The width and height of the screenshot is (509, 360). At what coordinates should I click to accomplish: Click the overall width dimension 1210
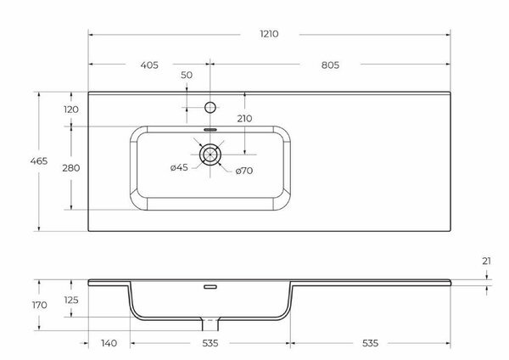tap(270, 34)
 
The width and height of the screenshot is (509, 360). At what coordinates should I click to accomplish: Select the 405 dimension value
tap(150, 64)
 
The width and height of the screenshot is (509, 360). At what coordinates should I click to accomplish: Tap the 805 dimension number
tap(332, 64)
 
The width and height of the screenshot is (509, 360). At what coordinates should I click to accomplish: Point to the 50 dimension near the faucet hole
tap(187, 76)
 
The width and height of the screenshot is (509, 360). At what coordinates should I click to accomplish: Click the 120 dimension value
tap(70, 110)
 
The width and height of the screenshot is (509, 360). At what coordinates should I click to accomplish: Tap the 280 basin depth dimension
tap(70, 168)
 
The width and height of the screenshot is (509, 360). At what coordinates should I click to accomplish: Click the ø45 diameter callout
tap(179, 168)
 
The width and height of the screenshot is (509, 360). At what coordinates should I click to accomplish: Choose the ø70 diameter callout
tap(245, 172)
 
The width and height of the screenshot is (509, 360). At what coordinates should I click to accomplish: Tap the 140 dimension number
tap(108, 344)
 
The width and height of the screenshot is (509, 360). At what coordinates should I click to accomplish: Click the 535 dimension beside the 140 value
tap(210, 344)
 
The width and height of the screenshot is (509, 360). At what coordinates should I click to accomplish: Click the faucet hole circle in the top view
tap(210, 108)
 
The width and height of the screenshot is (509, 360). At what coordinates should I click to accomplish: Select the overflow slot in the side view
tap(210, 287)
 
